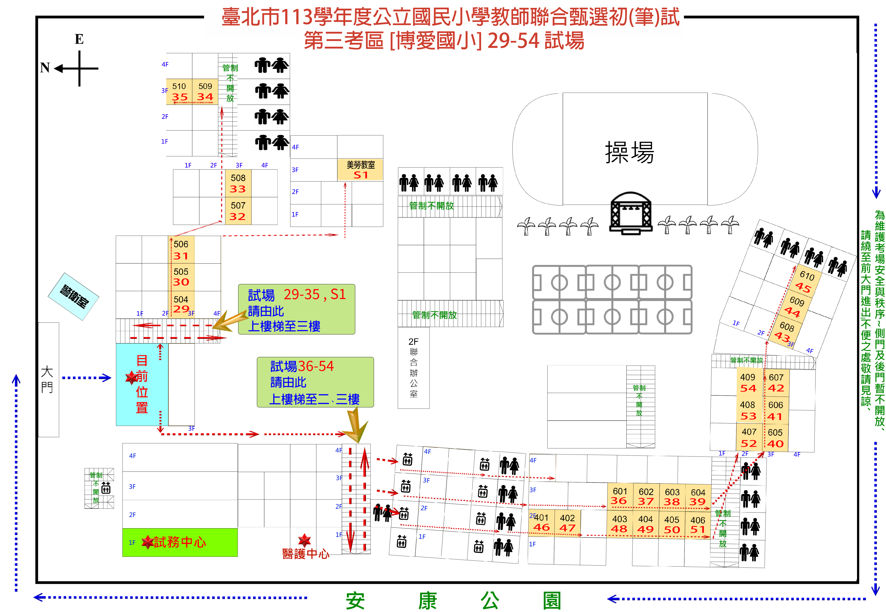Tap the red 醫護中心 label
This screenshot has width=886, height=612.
click(305, 553)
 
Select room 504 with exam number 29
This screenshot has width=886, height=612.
click(181, 304)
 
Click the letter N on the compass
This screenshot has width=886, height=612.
click(45, 68)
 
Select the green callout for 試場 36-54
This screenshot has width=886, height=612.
click(315, 382)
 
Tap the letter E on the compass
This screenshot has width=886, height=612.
click(79, 39)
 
